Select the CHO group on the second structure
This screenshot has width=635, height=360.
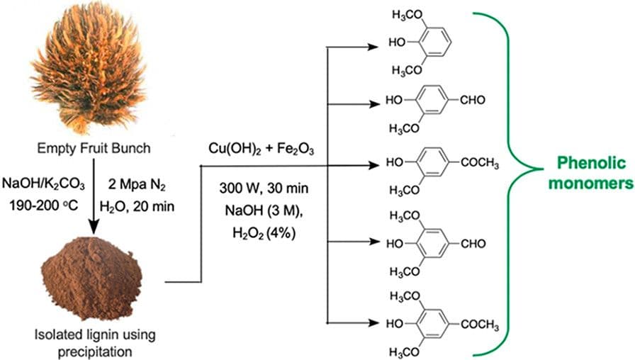click(x=472, y=100)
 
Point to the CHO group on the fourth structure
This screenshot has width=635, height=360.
click(x=472, y=244)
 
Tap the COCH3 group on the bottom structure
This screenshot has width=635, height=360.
click(x=478, y=325)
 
